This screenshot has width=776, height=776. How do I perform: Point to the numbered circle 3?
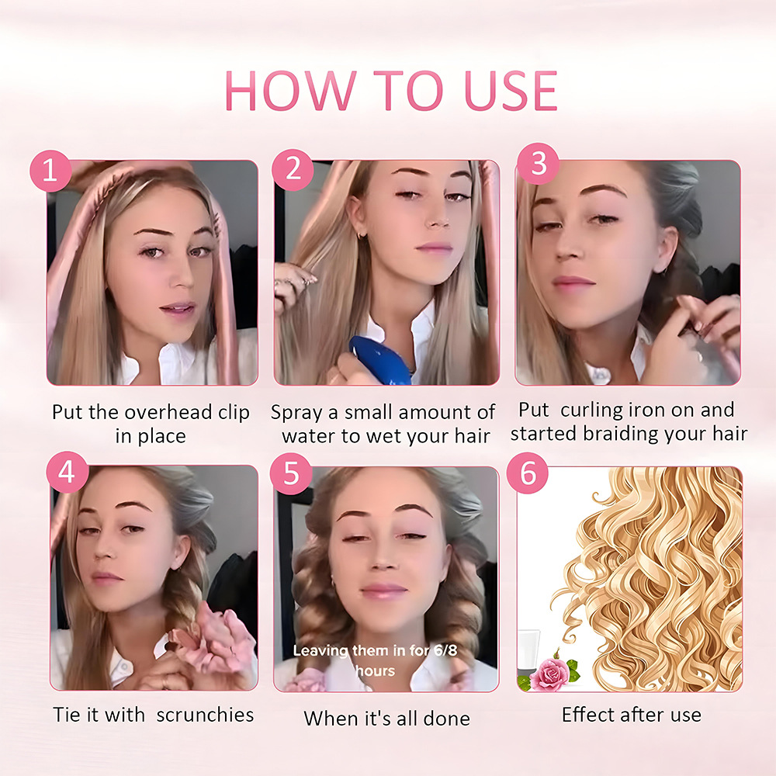538,164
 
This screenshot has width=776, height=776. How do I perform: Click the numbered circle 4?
67,473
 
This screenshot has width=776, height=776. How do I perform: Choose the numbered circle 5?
293,474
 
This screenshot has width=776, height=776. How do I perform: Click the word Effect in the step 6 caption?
587,715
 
